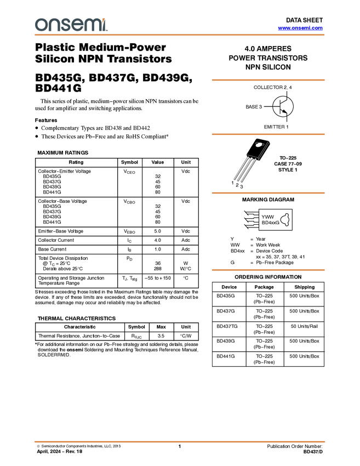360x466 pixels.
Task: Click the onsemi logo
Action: coord(71,25)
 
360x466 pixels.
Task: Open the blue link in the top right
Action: coord(300,28)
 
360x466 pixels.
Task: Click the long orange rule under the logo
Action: coord(180,35)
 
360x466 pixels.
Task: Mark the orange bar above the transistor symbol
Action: coord(268,80)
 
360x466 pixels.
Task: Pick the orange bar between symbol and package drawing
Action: coord(268,134)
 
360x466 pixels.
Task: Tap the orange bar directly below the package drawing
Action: coord(268,193)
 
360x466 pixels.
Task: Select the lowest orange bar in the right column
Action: coord(268,270)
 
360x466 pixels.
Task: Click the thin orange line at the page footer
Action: coord(180,441)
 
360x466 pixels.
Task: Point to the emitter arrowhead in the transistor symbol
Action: coord(285,111)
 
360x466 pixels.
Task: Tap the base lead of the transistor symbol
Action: coord(275,106)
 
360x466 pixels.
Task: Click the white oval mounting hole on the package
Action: coord(259,145)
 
